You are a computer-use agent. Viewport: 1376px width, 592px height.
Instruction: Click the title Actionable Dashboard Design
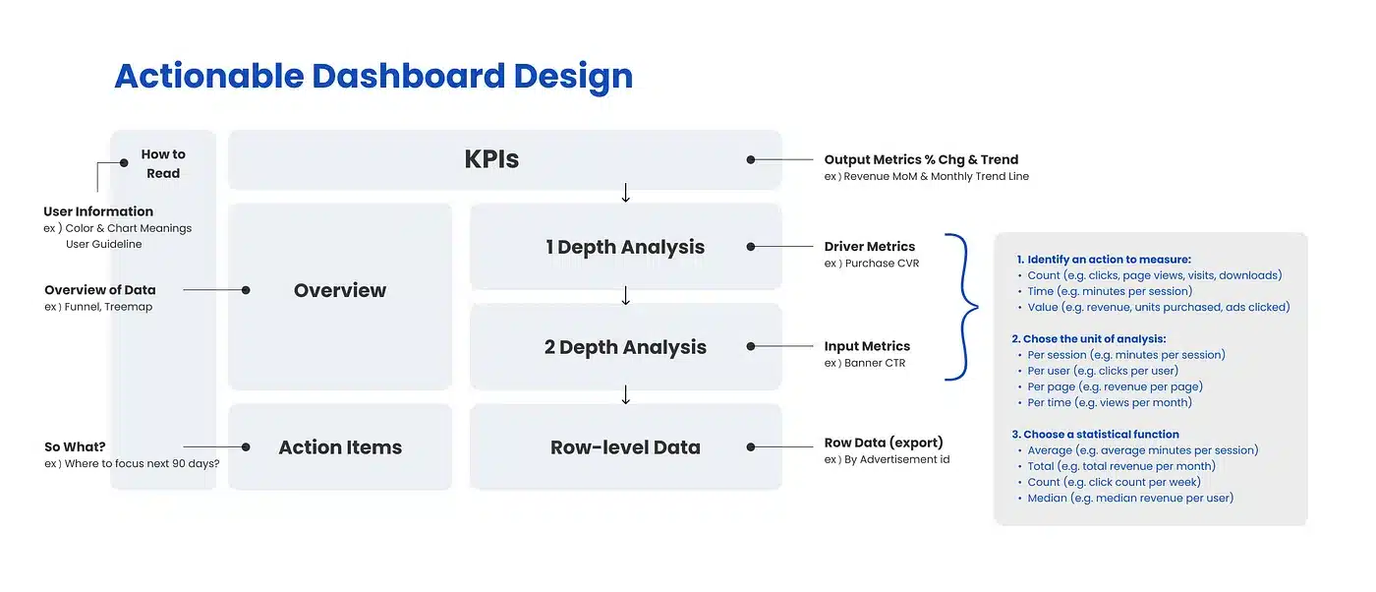coord(373,77)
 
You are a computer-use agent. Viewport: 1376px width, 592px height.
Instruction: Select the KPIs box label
coord(491,159)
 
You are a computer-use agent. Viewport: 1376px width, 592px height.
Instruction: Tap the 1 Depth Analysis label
coord(625,247)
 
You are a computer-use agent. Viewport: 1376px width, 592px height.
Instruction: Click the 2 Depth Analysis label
coord(625,347)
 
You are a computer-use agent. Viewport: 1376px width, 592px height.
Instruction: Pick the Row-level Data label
coord(625,446)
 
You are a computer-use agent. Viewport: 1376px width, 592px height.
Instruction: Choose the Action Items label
coord(340,446)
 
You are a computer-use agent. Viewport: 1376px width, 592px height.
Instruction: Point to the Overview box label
coord(340,290)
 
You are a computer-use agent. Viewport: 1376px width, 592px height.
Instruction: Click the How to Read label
coord(163,163)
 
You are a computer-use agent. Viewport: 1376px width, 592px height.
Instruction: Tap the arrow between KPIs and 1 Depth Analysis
coord(625,193)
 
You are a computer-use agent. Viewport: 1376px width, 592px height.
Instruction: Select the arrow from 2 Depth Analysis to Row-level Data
coord(625,394)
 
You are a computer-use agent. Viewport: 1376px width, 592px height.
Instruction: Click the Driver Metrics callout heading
coord(869,247)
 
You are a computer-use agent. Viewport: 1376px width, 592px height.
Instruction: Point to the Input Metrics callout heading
coord(867,346)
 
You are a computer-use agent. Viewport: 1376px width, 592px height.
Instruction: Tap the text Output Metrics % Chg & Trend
coord(921,160)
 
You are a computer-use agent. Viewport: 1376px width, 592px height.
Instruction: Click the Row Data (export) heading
coord(884,443)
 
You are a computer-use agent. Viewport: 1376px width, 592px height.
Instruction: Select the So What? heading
coord(75,446)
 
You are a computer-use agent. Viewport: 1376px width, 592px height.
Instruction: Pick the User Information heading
coord(98,211)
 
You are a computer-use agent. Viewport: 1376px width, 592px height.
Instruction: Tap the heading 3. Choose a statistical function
coord(1095,434)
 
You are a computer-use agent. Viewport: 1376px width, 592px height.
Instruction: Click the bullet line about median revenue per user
coord(1130,498)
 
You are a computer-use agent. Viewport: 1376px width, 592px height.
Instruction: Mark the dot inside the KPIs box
coord(751,160)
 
